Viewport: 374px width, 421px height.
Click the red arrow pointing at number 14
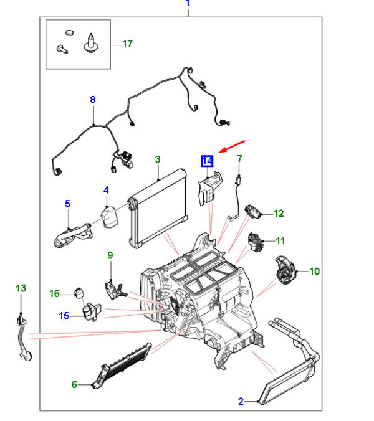coord(232,146)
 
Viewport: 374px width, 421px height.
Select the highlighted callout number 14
coord(207,161)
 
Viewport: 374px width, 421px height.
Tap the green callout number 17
coord(127,44)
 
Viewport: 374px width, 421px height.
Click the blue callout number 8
coord(93,100)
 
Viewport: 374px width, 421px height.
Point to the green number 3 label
coord(158,159)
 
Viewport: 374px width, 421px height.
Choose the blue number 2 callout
coord(241,402)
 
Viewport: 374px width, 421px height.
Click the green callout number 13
coord(21,288)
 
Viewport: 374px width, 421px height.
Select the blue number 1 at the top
coord(188,3)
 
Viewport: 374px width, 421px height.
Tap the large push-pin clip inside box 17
coord(91,43)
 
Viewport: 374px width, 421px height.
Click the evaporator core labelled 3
coord(158,208)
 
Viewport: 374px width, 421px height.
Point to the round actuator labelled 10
coord(285,270)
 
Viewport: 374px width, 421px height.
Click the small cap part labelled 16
coord(79,293)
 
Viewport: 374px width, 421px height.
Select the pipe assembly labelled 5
coord(73,235)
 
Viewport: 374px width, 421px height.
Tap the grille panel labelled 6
coord(122,365)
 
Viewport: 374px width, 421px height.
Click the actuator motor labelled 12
coord(252,212)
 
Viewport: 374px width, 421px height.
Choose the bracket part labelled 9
coord(115,289)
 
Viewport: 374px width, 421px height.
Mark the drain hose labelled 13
coord(24,337)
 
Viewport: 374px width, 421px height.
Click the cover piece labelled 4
coord(109,217)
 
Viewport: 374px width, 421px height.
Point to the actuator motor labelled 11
coord(256,242)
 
